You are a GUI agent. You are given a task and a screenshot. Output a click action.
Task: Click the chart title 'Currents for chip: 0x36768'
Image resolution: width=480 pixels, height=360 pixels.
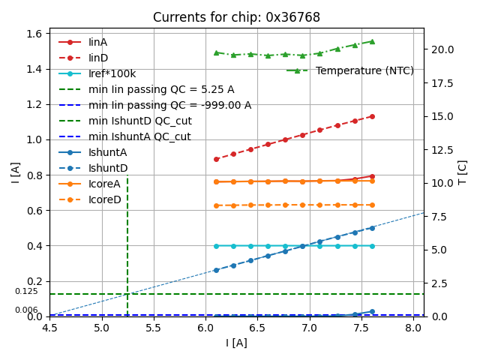pos(236,17)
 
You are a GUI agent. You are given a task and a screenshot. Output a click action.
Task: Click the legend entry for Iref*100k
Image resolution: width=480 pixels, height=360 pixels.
pos(112,73)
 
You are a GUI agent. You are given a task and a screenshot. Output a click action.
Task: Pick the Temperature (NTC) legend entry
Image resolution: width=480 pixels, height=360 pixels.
pos(364,70)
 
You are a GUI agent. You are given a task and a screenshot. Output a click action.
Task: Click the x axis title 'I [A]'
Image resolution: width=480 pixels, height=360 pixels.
pos(236,343)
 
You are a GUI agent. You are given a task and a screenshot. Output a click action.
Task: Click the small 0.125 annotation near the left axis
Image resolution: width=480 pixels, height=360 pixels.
pos(26,291)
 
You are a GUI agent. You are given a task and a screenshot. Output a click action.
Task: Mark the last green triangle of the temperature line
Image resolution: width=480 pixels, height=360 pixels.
pos(372,41)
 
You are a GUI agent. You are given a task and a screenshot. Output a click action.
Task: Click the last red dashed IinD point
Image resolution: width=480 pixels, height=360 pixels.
pos(372,116)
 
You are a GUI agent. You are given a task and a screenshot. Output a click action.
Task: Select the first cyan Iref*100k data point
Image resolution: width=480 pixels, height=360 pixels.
pos(216,245)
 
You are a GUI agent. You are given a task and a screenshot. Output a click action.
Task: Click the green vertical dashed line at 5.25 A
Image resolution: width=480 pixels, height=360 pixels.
pos(127,247)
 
